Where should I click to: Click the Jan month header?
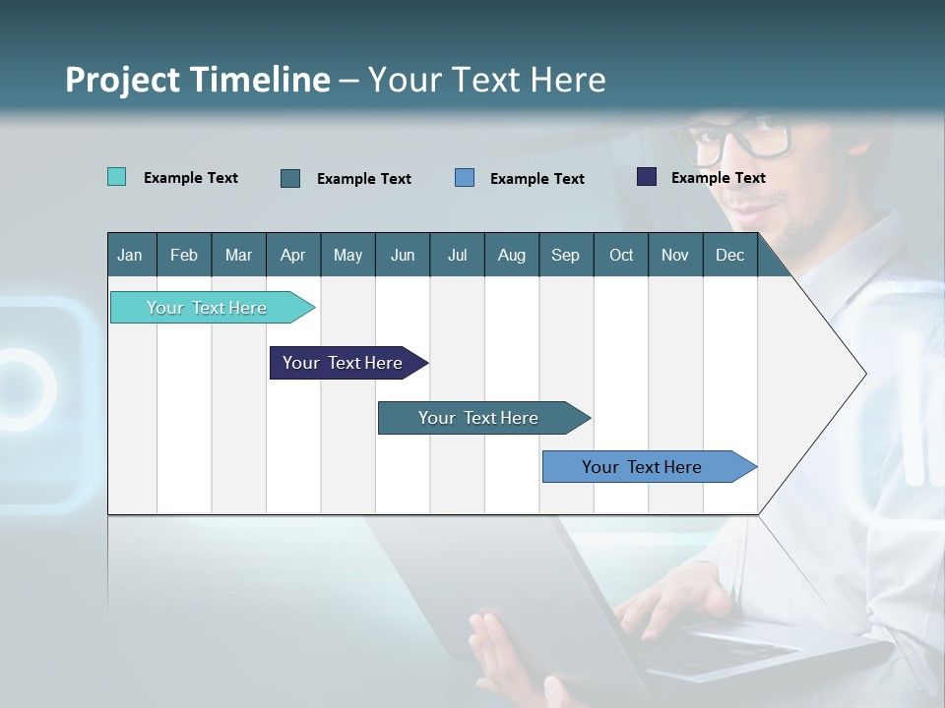click(x=130, y=255)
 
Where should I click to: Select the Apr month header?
click(x=292, y=255)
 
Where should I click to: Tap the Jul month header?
click(x=457, y=255)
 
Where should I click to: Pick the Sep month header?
click(x=565, y=255)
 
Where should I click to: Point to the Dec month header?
click(x=729, y=255)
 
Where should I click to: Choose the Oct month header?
click(x=621, y=255)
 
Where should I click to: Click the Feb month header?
click(x=184, y=255)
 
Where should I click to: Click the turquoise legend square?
click(x=116, y=177)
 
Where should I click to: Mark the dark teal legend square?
click(x=290, y=178)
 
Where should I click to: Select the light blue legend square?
click(x=465, y=178)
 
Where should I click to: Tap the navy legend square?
click(x=647, y=177)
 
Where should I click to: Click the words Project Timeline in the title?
click(x=197, y=80)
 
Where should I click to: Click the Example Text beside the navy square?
click(x=718, y=178)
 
